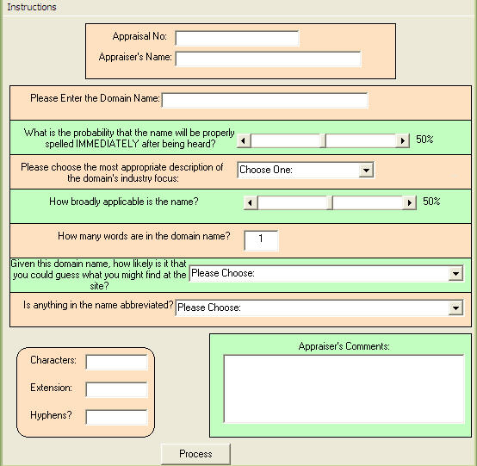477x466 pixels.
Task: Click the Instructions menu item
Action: click(x=32, y=7)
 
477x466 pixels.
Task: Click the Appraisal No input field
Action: click(x=237, y=39)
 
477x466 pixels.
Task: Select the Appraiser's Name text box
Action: click(x=268, y=59)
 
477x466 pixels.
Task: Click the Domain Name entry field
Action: click(x=264, y=100)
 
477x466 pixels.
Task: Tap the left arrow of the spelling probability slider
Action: click(x=244, y=140)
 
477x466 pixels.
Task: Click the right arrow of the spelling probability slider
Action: click(x=402, y=140)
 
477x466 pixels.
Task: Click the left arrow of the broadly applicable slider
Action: click(x=251, y=202)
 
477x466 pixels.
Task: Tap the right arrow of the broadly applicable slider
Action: click(x=410, y=202)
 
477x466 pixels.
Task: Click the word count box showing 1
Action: click(x=261, y=240)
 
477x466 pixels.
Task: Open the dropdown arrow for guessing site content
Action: click(x=455, y=273)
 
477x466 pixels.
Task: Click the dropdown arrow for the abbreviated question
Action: click(x=455, y=308)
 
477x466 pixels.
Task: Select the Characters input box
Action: click(x=116, y=362)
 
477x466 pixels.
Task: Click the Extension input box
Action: click(x=116, y=389)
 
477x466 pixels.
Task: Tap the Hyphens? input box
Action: click(x=116, y=417)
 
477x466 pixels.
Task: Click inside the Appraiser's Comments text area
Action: click(x=344, y=388)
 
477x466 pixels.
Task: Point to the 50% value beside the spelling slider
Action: click(x=424, y=140)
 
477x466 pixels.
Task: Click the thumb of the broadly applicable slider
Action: click(x=330, y=202)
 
